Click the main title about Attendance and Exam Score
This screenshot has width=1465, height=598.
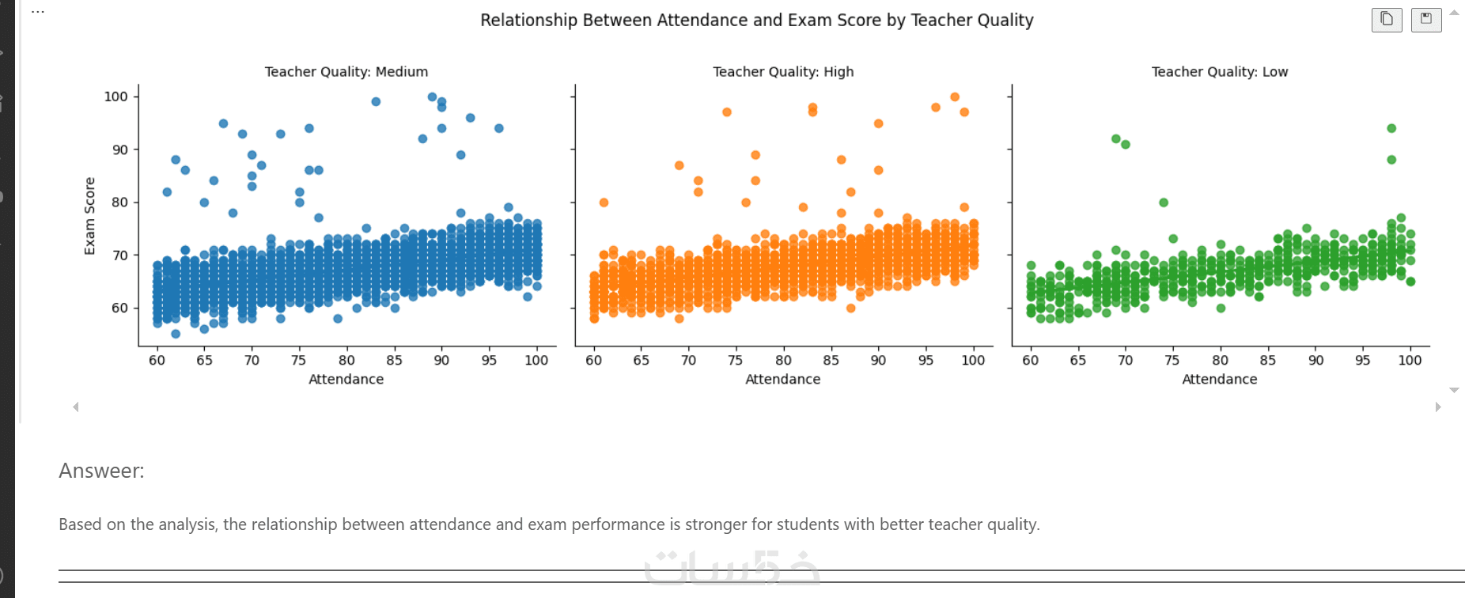pyautogui.click(x=756, y=21)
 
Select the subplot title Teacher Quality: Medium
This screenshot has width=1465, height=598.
pyautogui.click(x=346, y=72)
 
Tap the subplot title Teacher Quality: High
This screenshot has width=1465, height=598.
pyautogui.click(x=783, y=72)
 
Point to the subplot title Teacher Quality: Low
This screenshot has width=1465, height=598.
pyautogui.click(x=1219, y=72)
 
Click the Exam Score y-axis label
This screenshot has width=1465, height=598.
pyautogui.click(x=89, y=215)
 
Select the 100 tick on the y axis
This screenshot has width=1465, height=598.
pyautogui.click(x=115, y=97)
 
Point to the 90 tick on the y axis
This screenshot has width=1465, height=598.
pyautogui.click(x=119, y=149)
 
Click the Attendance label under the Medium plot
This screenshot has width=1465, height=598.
pyautogui.click(x=346, y=380)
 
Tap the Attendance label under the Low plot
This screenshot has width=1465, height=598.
pyautogui.click(x=1219, y=380)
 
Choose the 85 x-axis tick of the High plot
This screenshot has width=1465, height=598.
pyautogui.click(x=831, y=361)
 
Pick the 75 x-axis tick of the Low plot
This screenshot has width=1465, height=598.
pyautogui.click(x=1172, y=361)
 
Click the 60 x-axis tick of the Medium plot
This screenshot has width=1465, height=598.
pyautogui.click(x=157, y=361)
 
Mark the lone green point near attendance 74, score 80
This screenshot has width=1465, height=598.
pyautogui.click(x=1164, y=202)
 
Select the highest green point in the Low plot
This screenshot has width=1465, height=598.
pyautogui.click(x=1391, y=128)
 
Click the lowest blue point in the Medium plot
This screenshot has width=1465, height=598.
pyautogui.click(x=176, y=334)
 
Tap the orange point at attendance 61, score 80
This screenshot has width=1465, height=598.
pyautogui.click(x=604, y=202)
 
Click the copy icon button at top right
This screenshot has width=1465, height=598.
pyautogui.click(x=1387, y=19)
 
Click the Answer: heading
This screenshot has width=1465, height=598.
pyautogui.click(x=101, y=471)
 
